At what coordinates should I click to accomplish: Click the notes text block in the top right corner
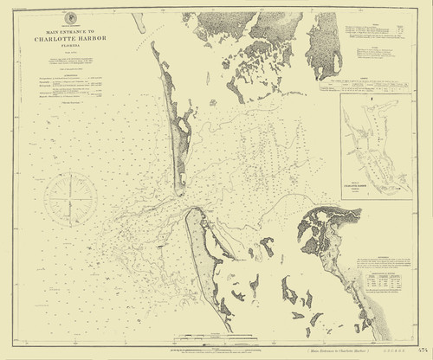379,35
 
